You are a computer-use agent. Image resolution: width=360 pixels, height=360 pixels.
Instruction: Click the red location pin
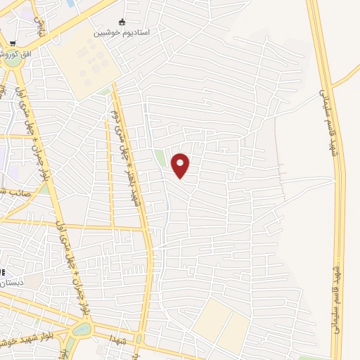(x=181, y=165)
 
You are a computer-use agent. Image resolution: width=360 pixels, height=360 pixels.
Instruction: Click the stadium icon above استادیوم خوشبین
(x=124, y=22)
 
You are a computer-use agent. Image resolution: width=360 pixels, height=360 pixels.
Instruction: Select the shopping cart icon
(x=13, y=42)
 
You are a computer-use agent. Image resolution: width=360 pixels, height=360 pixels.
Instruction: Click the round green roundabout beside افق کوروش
(x=12, y=61)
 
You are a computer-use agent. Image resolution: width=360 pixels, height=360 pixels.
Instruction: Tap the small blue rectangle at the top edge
(x=70, y=4)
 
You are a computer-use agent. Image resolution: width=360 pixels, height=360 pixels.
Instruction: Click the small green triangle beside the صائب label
(x=44, y=189)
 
